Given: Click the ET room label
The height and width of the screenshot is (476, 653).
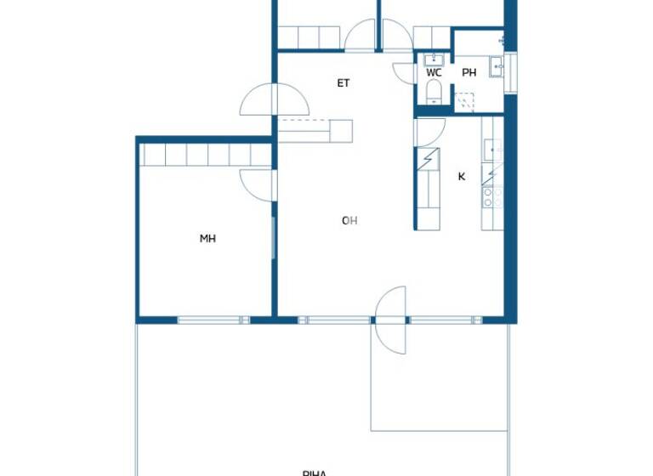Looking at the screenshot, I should pos(344,83).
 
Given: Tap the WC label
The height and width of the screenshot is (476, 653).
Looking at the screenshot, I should pos(434,73).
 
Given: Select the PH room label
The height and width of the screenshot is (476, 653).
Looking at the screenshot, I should pos(468,73).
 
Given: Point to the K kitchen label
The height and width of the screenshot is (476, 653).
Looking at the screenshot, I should pos(462,177).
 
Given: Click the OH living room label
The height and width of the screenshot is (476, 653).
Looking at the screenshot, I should pos(349,221).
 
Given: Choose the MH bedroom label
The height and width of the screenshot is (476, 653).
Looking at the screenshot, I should pos(207,239).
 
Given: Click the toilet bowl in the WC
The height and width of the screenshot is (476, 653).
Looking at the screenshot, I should pos(434,90).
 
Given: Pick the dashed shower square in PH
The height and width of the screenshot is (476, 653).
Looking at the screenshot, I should pos(464,104).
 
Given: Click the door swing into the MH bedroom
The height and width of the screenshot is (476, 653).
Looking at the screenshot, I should pos(257,183).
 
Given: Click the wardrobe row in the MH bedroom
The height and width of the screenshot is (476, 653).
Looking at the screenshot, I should pos(206,155).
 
